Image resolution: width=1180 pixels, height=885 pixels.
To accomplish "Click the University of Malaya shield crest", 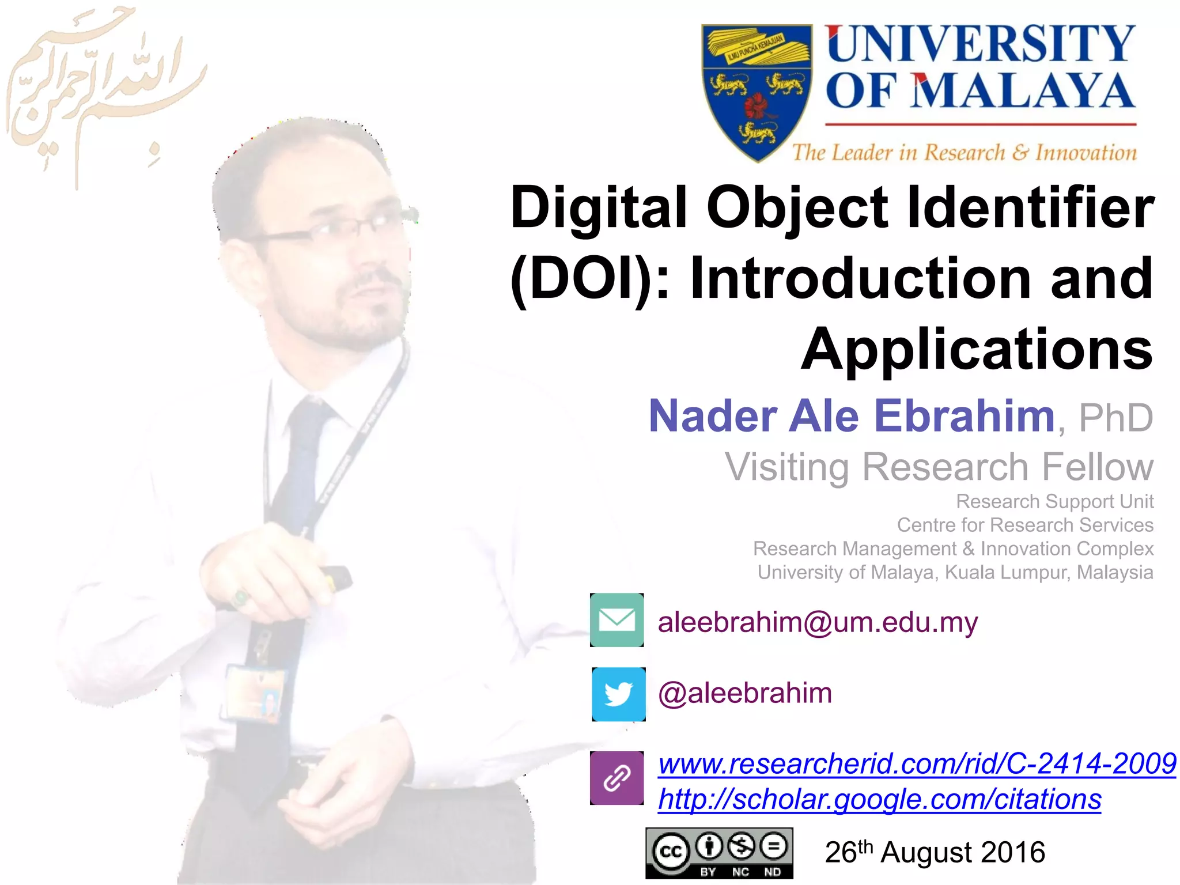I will click(756, 92).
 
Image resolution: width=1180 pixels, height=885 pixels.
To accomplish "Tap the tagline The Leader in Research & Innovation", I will click(964, 153).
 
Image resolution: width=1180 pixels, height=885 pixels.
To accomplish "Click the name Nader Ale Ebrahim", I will click(852, 416).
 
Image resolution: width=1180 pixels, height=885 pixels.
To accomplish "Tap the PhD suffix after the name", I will click(1115, 418).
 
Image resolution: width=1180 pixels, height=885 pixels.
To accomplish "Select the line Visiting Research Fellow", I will click(939, 467).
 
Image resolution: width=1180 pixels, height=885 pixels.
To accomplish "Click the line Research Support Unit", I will click(1054, 502).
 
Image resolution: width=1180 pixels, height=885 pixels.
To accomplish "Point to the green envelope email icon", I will click(617, 620).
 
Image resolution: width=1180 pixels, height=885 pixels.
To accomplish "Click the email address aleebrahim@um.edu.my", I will click(818, 622).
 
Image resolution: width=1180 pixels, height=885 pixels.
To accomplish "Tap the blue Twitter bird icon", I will click(619, 694).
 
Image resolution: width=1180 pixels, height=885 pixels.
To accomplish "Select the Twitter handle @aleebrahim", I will click(745, 693).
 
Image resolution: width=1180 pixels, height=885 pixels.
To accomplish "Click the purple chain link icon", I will click(617, 778).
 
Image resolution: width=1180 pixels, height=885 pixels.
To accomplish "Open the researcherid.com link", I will click(917, 764).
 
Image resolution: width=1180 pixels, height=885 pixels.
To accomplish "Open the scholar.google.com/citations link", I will click(879, 800).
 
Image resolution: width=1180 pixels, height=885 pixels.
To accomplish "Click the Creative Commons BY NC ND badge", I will click(719, 853).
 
